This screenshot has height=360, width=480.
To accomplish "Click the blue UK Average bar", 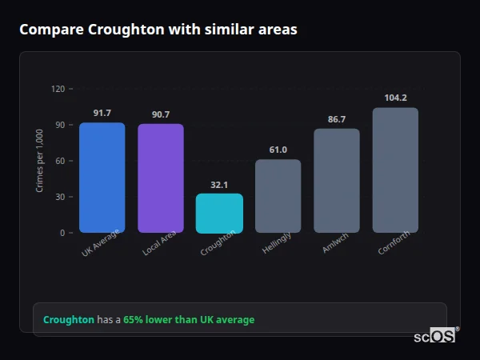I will click(x=102, y=178).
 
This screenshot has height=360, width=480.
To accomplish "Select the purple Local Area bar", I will click(x=161, y=178).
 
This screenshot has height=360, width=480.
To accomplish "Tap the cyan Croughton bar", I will click(x=219, y=214).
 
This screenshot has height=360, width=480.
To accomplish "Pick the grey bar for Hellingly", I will click(x=278, y=196).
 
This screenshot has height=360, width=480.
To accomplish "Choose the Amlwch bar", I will click(x=337, y=181).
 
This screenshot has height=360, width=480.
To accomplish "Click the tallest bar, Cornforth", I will click(x=395, y=170).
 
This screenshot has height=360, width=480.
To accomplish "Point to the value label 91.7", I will click(x=102, y=114).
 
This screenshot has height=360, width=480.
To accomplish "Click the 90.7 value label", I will click(x=161, y=114).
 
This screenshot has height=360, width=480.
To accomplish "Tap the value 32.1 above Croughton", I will click(x=219, y=185).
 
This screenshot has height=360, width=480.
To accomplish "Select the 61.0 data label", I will click(x=278, y=150).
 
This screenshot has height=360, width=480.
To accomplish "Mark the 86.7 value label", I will click(x=337, y=119).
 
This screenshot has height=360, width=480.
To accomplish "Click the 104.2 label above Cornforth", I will click(x=395, y=98).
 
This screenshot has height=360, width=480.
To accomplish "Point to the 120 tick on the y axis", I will click(x=58, y=89).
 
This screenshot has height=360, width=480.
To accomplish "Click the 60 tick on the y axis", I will click(x=59, y=161).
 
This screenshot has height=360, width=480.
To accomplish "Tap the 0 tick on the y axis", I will click(x=62, y=233).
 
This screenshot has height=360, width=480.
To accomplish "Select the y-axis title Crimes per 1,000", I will click(x=40, y=161).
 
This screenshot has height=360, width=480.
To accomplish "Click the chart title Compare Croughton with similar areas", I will click(x=158, y=30).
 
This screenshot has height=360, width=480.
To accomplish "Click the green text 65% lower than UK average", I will click(x=189, y=320).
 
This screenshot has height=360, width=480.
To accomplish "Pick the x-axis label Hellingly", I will click(x=277, y=243).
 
